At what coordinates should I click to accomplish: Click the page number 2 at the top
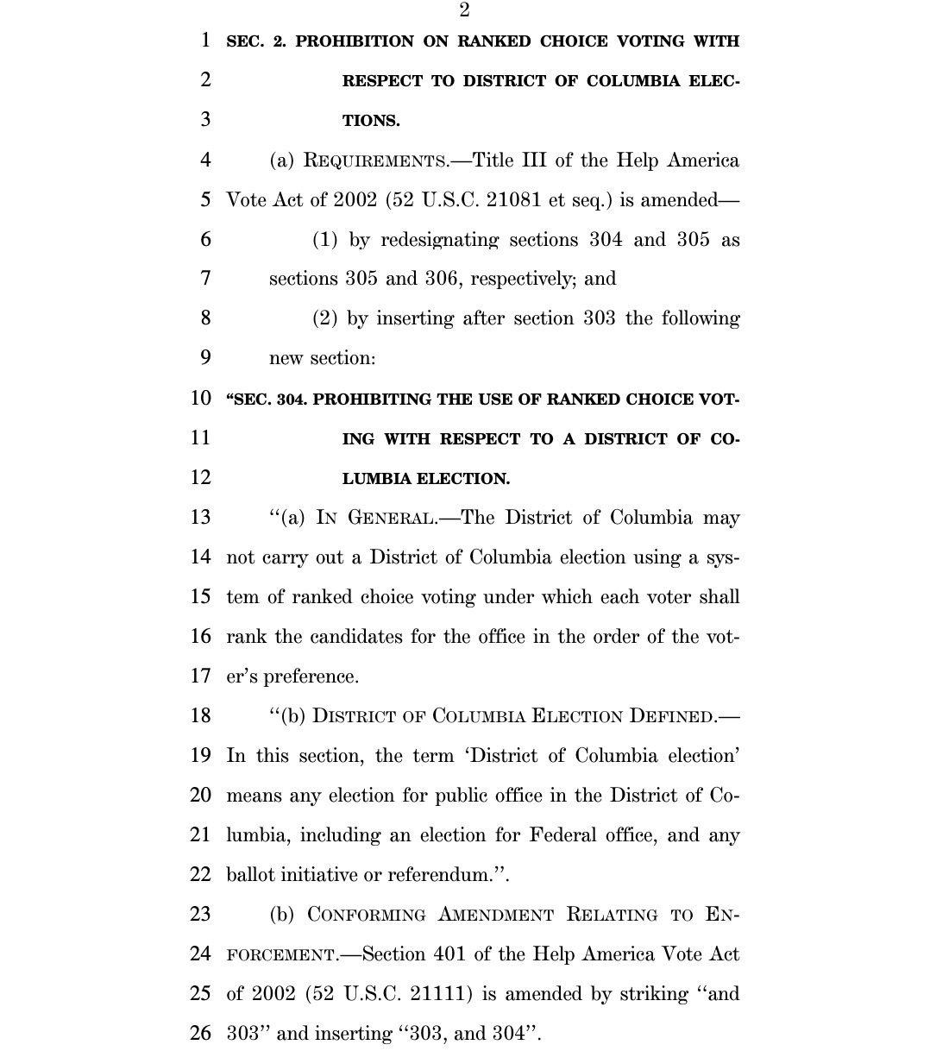pyautogui.click(x=464, y=10)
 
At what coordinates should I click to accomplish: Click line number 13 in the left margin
pyautogui.click(x=200, y=518)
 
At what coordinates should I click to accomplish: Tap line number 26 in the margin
pyautogui.click(x=200, y=1033)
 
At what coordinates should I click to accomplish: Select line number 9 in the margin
pyautogui.click(x=204, y=358)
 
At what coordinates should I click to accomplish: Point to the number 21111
pyautogui.click(x=439, y=993)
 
